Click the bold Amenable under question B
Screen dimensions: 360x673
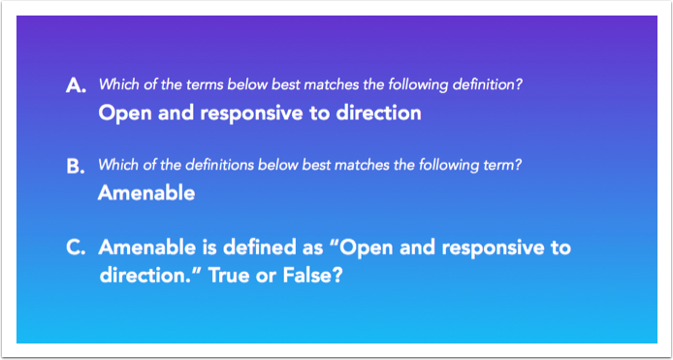(x=146, y=194)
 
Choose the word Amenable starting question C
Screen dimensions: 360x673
(x=146, y=247)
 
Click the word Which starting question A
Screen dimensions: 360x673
(x=118, y=85)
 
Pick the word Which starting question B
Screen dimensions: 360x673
(x=118, y=166)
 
